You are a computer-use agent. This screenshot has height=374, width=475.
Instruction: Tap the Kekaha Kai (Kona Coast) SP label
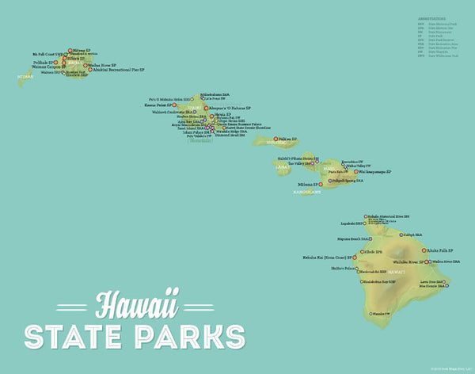point(327,258)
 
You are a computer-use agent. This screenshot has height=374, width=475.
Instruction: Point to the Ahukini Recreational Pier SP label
point(120,70)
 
